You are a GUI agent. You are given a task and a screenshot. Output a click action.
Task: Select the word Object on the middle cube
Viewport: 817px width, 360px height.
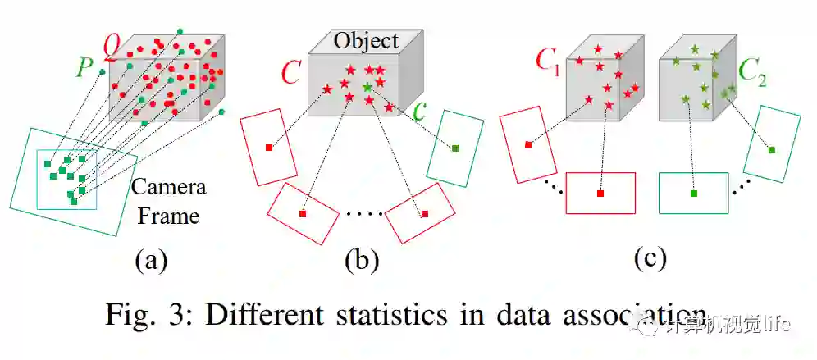pyautogui.click(x=366, y=40)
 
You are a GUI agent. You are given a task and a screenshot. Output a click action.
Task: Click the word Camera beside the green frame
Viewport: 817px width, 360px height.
pyautogui.click(x=169, y=187)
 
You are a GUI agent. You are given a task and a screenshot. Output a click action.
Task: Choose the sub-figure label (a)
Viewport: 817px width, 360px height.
pyautogui.click(x=152, y=260)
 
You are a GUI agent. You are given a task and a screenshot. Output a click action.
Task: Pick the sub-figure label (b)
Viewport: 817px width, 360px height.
pyautogui.click(x=361, y=260)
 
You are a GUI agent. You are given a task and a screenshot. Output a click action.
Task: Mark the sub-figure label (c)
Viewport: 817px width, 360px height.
pyautogui.click(x=650, y=257)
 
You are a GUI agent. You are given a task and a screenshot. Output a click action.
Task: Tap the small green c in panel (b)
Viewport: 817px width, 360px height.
pyautogui.click(x=421, y=112)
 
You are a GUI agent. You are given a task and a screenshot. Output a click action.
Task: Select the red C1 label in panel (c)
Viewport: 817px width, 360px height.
pyautogui.click(x=548, y=61)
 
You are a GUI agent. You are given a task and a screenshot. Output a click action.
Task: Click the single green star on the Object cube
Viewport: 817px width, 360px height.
pyautogui.click(x=367, y=86)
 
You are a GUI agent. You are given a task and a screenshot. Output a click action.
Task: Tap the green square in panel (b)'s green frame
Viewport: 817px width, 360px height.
pyautogui.click(x=455, y=148)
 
